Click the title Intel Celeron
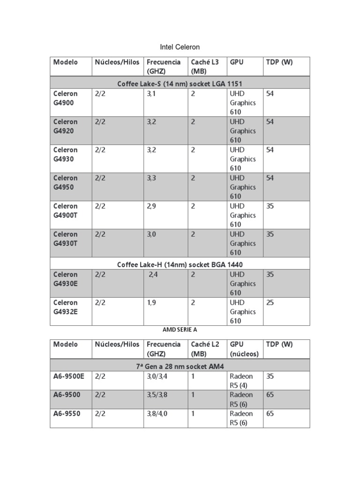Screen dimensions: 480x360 pyautogui.click(x=180, y=47)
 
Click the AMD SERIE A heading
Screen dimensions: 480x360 pyautogui.click(x=180, y=330)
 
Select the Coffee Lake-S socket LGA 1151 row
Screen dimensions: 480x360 pyautogui.click(x=180, y=83)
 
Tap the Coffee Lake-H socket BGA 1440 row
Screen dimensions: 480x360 pyautogui.click(x=180, y=264)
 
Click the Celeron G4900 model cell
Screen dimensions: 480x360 pyautogui.click(x=66, y=98)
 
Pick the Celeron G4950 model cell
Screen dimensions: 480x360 pyautogui.click(x=66, y=182)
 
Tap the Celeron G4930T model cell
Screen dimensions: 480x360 pyautogui.click(x=66, y=239)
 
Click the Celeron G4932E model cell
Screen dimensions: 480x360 pyautogui.click(x=66, y=307)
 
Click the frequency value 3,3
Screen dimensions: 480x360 pyautogui.click(x=151, y=178)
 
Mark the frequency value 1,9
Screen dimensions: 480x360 pyautogui.click(x=151, y=303)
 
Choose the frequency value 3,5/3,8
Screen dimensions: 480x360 pyautogui.click(x=157, y=395)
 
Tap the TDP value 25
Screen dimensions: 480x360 pyautogui.click(x=270, y=303)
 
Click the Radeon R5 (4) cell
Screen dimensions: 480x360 pyautogui.click(x=241, y=380)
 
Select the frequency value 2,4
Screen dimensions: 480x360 pyautogui.click(x=154, y=275)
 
